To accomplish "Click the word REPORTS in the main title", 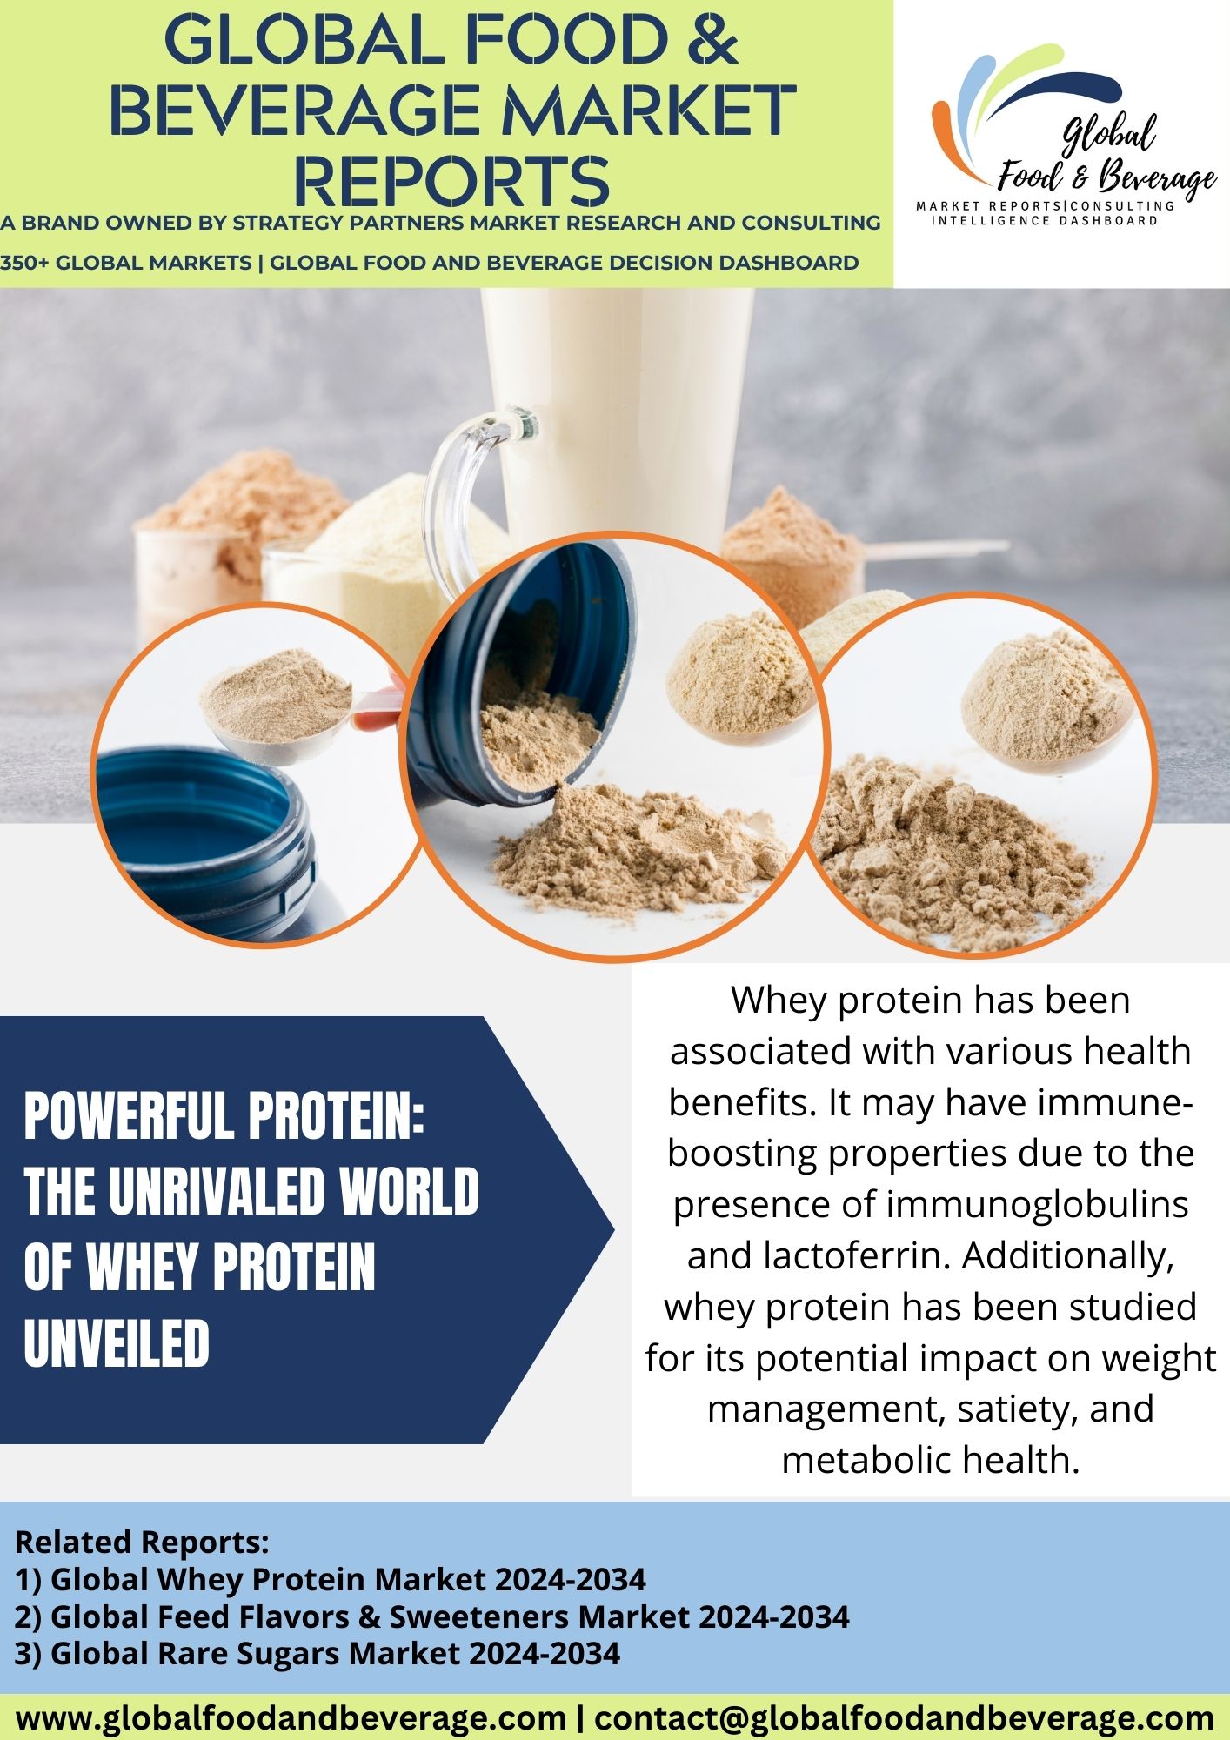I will pyautogui.click(x=451, y=180).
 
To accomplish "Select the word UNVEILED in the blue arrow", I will pyautogui.click(x=117, y=1343).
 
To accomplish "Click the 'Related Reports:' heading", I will pyautogui.click(x=142, y=1542).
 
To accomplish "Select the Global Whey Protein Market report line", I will pyautogui.click(x=331, y=1579).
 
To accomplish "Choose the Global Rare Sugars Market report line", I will pyautogui.click(x=318, y=1653).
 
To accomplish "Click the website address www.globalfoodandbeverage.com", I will pyautogui.click(x=291, y=1718).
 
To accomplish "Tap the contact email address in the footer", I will pyautogui.click(x=905, y=1718).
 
